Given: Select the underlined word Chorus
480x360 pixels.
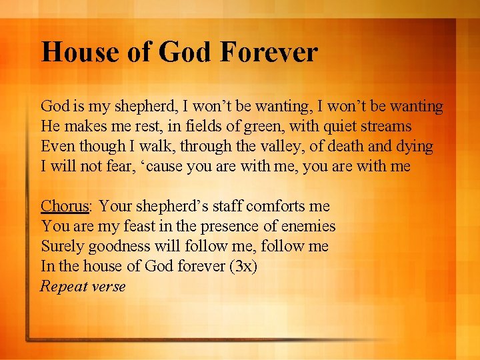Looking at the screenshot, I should [65, 207].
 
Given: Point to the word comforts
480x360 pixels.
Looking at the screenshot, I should [266, 207].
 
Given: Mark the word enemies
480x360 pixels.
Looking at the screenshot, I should [307, 227].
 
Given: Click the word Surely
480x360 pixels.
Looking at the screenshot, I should [61, 247].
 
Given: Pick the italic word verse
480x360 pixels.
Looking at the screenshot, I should [109, 287].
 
